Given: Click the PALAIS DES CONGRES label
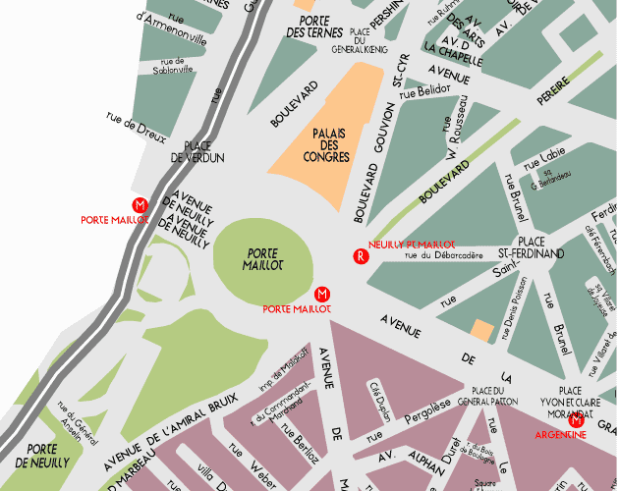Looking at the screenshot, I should coord(327,144).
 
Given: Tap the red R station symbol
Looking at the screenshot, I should coord(361,257).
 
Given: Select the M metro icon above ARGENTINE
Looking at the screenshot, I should coord(577,422).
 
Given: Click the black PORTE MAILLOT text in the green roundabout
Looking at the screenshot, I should coord(263,259).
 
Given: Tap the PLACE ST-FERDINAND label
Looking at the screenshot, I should coord(532,247).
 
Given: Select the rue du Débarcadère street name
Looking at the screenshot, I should coord(444,256).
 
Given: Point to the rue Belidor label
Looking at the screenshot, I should coord(426,89).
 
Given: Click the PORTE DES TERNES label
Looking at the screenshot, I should coord(314,27).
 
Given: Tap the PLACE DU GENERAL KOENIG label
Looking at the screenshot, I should coord(360,38).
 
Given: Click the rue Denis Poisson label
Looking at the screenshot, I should coord(515,308).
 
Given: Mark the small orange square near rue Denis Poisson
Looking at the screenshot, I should coord(481,330).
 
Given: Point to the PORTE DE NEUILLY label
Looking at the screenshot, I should coord(34,455).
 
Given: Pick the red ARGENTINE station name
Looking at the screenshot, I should coord(561,435).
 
